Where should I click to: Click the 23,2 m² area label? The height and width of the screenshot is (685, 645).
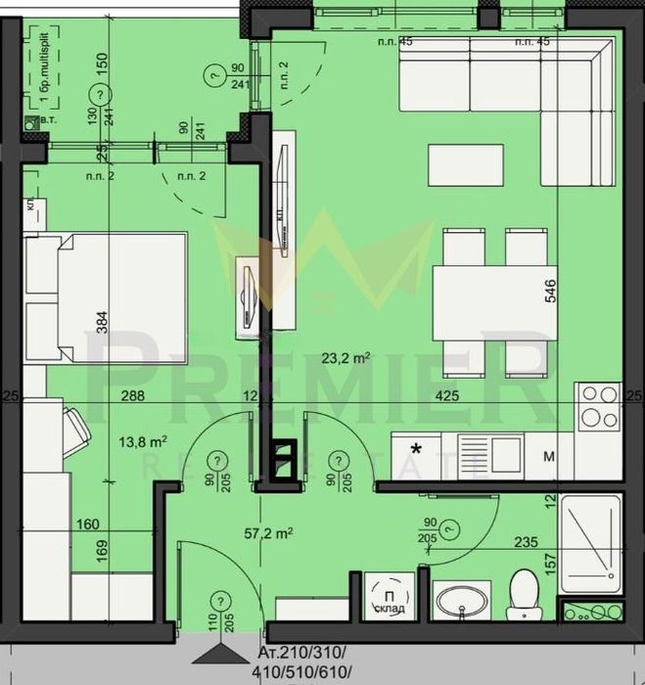[x=347, y=359]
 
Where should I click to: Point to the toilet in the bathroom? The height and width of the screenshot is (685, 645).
[x=523, y=594]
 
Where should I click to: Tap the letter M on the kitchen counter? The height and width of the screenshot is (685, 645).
[x=549, y=456]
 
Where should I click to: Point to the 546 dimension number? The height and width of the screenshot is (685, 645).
[x=551, y=296]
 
